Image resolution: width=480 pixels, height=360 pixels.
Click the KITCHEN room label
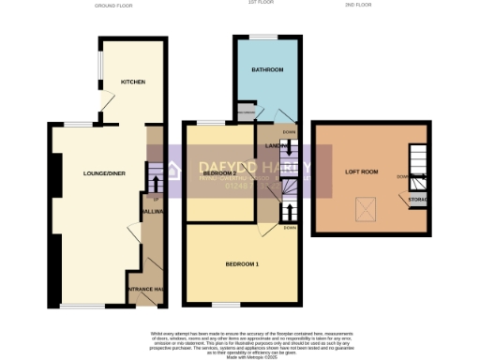(133, 82)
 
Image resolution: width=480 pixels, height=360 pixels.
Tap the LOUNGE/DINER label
(104, 173)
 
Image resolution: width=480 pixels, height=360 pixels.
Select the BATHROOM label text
(267, 70)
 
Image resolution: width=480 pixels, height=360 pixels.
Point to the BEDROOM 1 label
(242, 264)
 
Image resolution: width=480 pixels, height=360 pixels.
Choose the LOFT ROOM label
(361, 172)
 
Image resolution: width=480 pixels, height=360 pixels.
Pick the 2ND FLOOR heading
(359, 6)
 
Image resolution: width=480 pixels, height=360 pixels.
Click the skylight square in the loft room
(364, 209)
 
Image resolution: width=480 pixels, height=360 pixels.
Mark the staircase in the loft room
(416, 165)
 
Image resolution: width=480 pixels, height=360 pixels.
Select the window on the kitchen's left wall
(101, 67)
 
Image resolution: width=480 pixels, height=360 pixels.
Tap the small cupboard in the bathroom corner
(247, 114)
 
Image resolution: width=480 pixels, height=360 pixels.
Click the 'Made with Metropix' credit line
(239, 354)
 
